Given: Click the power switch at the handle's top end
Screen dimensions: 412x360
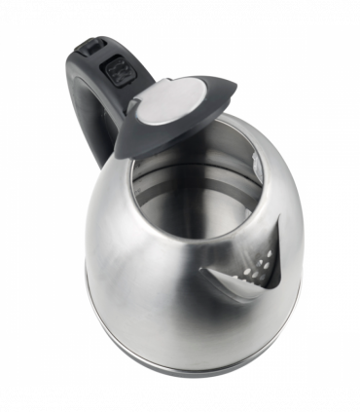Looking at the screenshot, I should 92,47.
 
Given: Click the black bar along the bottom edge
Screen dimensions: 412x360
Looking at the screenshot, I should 180,399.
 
